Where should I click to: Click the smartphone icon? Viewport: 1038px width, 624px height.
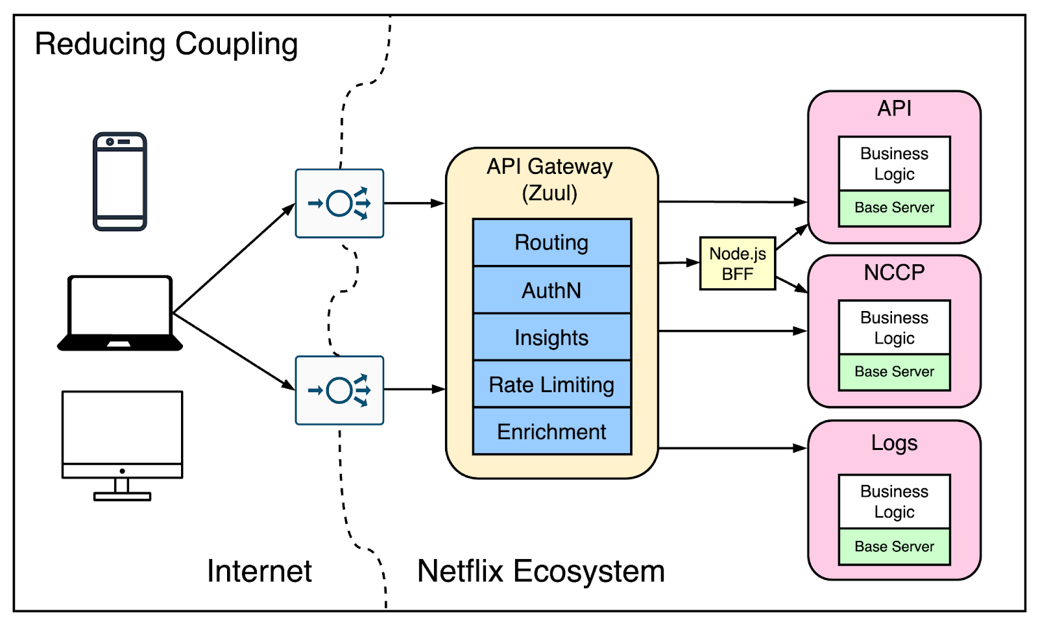coord(120,181)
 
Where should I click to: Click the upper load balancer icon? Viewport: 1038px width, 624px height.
coord(339,203)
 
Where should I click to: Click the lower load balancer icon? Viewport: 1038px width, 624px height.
coord(339,390)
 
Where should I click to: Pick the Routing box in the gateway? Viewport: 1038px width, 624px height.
coord(551,242)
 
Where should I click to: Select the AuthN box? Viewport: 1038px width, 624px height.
coord(551,290)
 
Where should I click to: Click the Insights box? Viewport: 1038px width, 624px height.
coord(551,337)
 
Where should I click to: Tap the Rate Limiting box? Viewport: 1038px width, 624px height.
coord(551,384)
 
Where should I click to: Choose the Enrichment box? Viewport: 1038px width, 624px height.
coord(551,432)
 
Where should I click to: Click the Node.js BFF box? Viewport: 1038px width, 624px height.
coord(738,263)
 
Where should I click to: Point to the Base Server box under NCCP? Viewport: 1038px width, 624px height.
coord(894,372)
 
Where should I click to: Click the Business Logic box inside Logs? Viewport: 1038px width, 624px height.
coord(894,501)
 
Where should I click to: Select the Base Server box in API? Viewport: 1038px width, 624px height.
coord(894,208)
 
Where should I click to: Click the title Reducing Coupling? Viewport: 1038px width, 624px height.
coord(166,44)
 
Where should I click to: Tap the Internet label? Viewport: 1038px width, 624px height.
coord(259,571)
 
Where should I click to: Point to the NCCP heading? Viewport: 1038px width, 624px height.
coord(894,272)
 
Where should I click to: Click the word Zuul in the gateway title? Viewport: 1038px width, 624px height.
coord(549,193)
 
